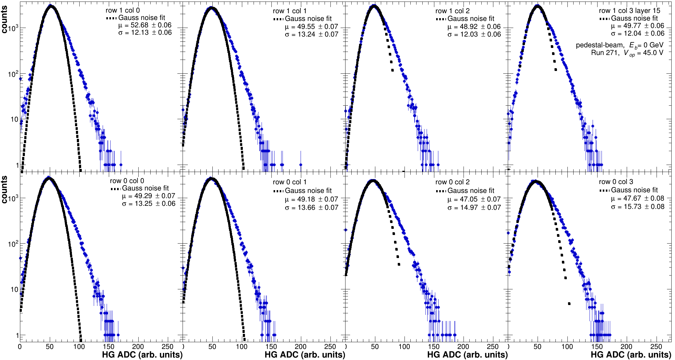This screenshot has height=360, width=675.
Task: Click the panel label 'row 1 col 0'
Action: click(x=123, y=10)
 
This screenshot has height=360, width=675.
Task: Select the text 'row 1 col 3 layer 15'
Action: click(x=630, y=10)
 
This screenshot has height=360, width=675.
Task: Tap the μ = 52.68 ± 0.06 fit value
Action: click(x=145, y=25)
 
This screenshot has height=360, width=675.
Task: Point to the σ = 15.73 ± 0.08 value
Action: click(x=637, y=207)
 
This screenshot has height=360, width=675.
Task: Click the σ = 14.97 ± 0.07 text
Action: click(x=474, y=208)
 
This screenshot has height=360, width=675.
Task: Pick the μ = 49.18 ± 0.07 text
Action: click(x=311, y=199)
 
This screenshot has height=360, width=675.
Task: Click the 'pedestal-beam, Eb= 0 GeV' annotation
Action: click(x=619, y=45)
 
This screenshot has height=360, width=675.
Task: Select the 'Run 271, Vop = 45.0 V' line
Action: click(x=627, y=53)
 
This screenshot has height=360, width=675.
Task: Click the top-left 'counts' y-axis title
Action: click(x=4, y=20)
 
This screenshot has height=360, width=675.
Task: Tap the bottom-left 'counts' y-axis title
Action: click(x=4, y=190)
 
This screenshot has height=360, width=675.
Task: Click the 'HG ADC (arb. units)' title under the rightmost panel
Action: click(x=631, y=355)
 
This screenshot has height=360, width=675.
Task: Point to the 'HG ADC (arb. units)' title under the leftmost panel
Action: click(x=142, y=355)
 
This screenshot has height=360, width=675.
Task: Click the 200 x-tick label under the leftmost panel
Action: click(x=138, y=347)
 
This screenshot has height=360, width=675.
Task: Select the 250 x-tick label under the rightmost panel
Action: click(x=656, y=347)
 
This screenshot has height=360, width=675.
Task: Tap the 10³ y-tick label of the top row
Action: click(x=13, y=29)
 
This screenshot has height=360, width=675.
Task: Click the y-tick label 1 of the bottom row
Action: click(x=17, y=335)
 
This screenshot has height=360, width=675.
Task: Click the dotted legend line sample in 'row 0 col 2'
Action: click(x=440, y=191)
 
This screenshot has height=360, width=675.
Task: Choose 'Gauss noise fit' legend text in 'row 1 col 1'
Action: click(x=308, y=19)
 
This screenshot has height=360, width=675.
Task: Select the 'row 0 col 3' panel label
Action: click(x=616, y=182)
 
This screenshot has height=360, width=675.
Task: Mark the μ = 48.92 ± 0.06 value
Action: click(x=474, y=27)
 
